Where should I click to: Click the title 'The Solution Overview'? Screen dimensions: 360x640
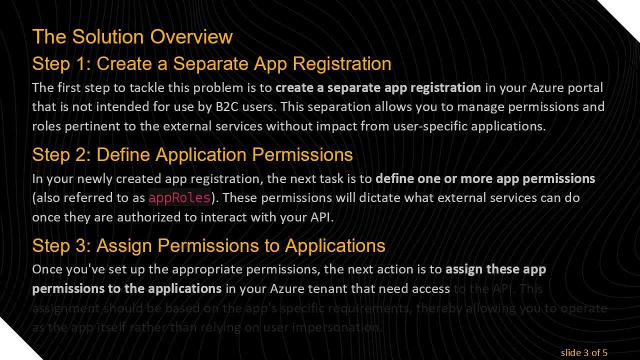[132, 37]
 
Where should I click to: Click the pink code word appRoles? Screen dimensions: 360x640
[179, 198]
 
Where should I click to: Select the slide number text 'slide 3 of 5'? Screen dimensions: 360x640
[584, 353]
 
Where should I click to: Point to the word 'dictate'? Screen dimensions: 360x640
[380, 198]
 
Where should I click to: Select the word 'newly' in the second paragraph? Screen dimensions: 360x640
[95, 179]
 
